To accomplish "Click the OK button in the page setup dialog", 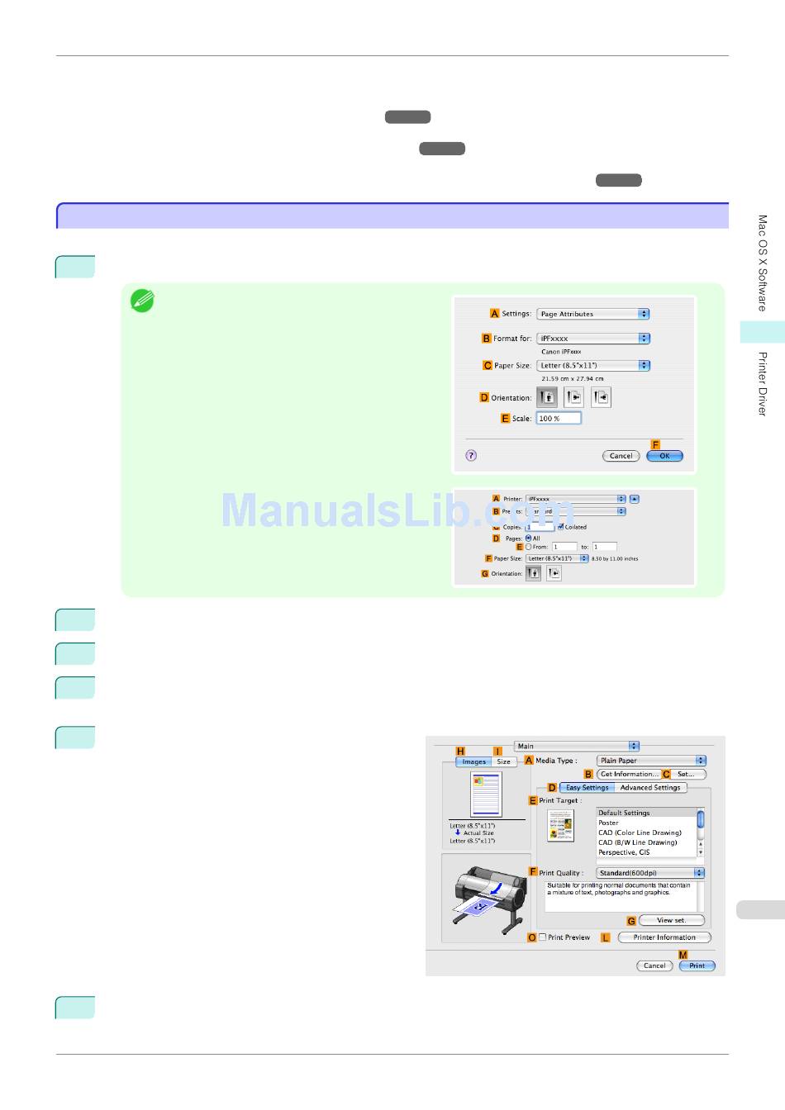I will (664, 456).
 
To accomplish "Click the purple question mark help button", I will (471, 455).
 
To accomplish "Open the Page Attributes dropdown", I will (593, 314).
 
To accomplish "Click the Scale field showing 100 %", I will (559, 419).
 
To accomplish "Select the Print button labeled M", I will (697, 965).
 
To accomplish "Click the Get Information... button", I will (629, 775).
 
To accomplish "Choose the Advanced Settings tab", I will (650, 788).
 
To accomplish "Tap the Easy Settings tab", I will (587, 788).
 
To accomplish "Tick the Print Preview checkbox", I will (543, 937).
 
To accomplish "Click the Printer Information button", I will (664, 937).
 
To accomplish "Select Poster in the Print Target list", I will (609, 823).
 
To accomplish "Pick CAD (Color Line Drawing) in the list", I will (640, 832).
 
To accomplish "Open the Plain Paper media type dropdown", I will (652, 761).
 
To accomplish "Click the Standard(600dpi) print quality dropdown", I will (651, 873).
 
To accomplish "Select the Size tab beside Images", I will (504, 762).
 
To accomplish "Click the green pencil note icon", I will (142, 301).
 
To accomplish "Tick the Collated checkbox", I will (561, 527).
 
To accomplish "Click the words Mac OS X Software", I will (762, 263).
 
